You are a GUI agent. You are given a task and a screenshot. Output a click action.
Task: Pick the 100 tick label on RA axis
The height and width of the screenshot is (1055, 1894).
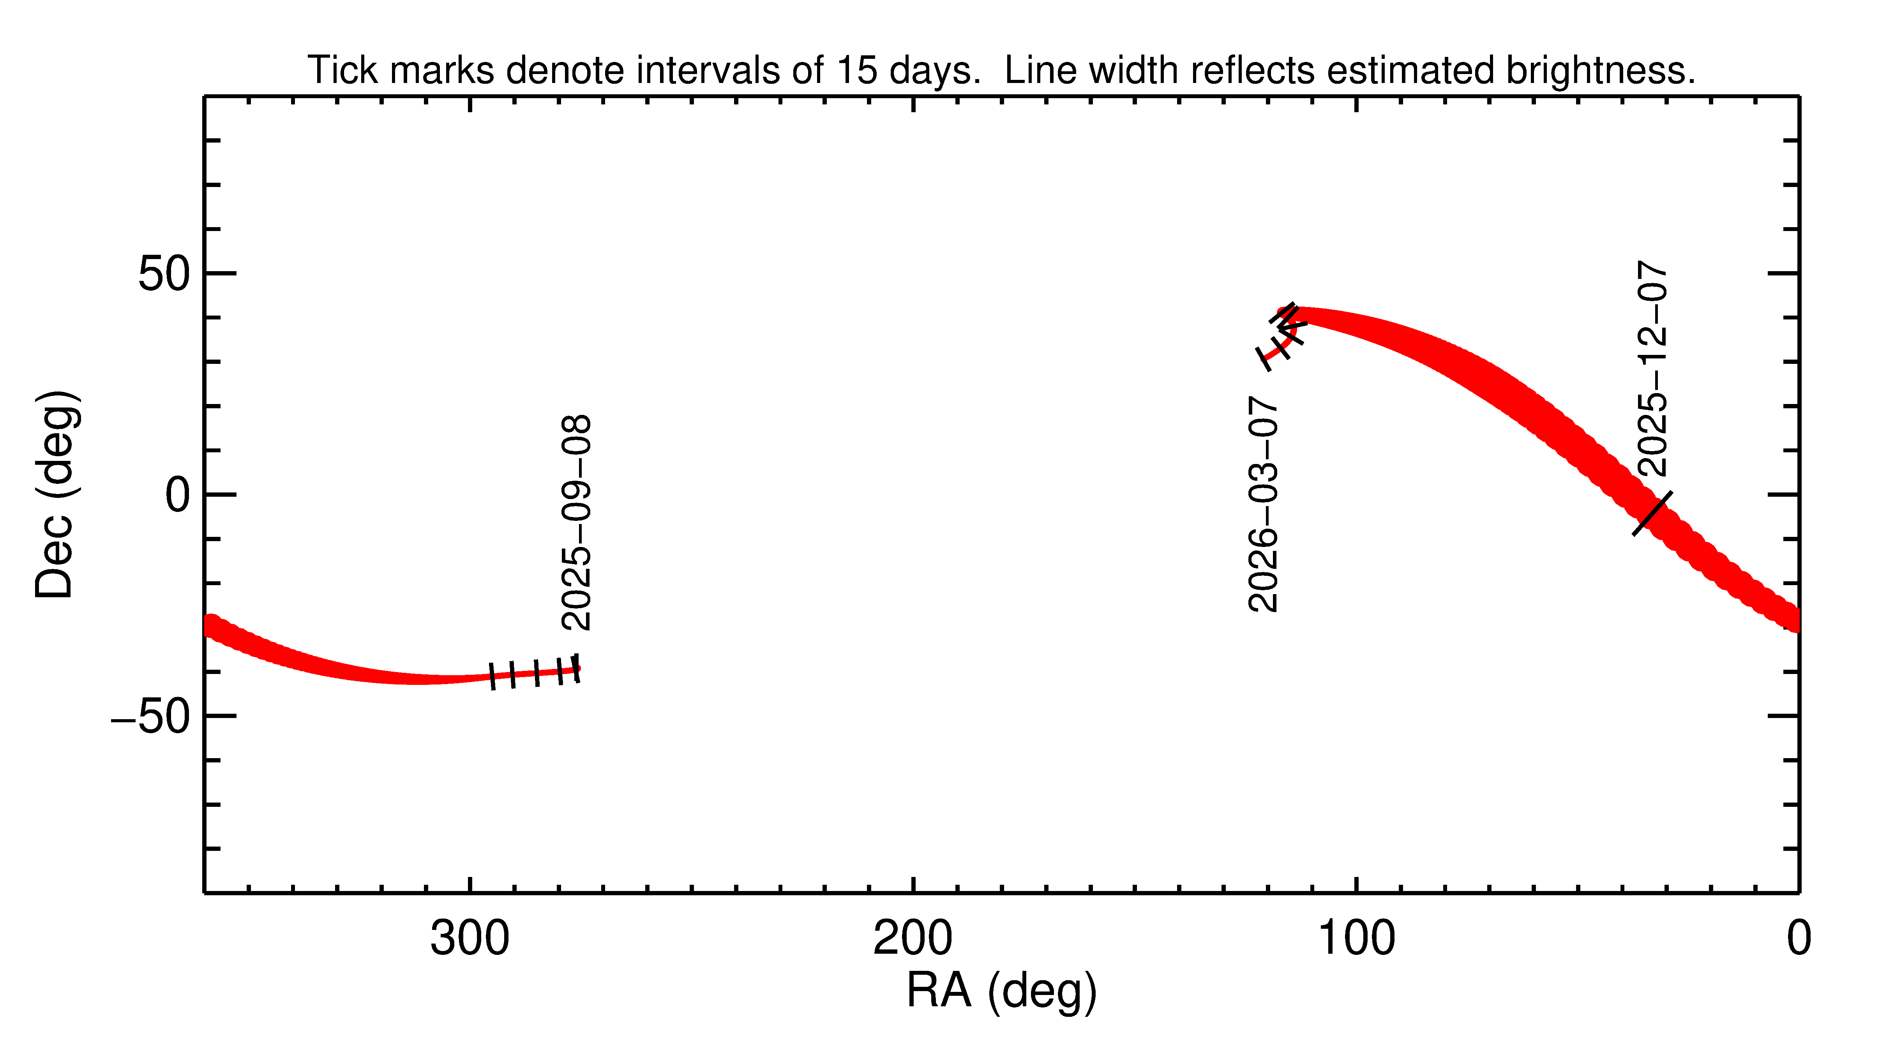point(1356,939)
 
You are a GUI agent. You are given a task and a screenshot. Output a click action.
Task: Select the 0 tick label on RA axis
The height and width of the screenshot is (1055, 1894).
point(1799,939)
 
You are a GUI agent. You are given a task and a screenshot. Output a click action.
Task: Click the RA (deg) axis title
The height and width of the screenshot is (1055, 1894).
point(1001,991)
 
